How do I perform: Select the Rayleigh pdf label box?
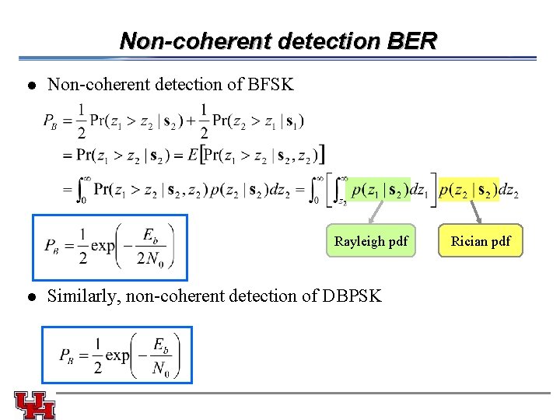371,241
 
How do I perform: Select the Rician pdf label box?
481,241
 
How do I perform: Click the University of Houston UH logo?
34,404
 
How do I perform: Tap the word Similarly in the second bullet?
81,296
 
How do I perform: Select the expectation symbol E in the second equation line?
193,155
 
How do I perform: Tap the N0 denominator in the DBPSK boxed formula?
160,370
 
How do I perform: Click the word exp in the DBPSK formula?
118,355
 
